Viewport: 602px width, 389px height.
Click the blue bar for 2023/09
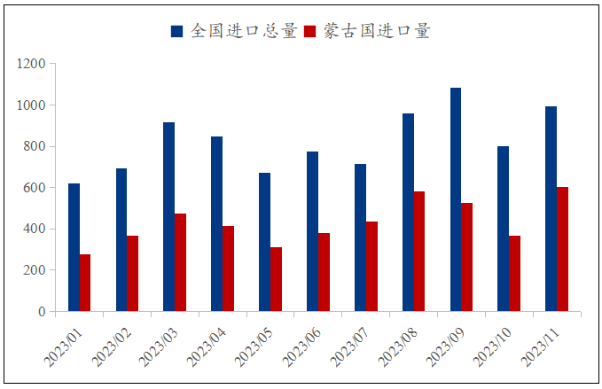tap(456, 199)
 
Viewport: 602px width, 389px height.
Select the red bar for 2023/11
tap(562, 249)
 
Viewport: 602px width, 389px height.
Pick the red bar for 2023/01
tap(85, 283)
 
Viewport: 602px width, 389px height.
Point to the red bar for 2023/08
tap(419, 252)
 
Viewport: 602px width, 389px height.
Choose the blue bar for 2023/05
tap(264, 242)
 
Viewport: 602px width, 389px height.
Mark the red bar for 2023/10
tap(514, 274)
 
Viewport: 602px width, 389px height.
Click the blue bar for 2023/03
tap(168, 217)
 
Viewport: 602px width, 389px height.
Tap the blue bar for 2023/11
tap(551, 209)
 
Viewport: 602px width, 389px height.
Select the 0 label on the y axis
tap(42, 312)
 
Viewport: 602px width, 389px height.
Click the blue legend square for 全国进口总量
tap(176, 32)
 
